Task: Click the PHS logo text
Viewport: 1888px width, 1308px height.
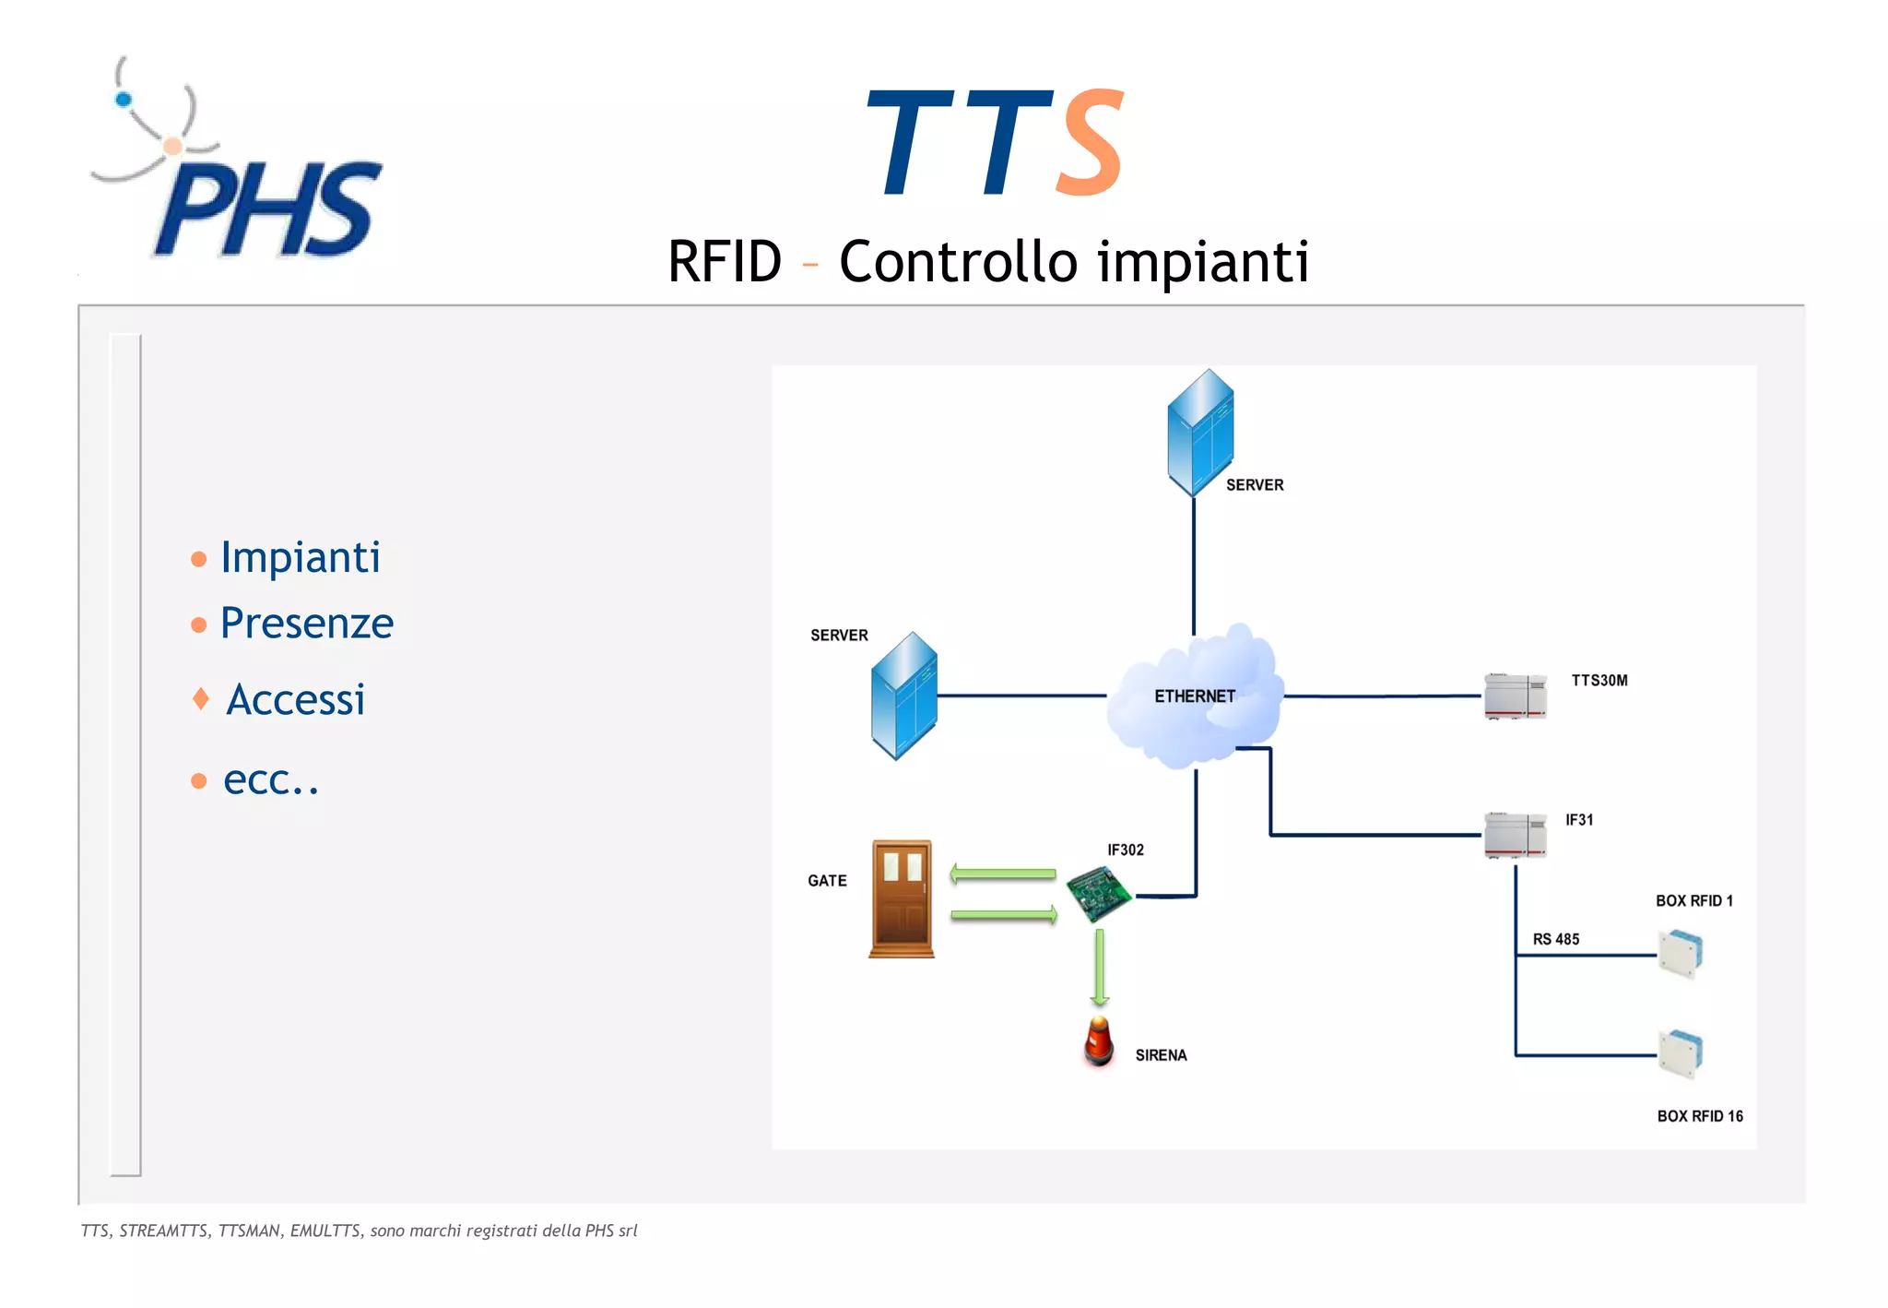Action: [267, 210]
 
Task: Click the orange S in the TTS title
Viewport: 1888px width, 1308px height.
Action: [1091, 143]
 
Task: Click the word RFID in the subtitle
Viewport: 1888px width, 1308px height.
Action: [725, 261]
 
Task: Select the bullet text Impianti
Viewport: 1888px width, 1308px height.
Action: [301, 557]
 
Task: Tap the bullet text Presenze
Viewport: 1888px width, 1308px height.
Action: [307, 624]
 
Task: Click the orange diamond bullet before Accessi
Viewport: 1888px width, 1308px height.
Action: [200, 698]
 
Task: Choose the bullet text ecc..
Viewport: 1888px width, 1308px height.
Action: [270, 780]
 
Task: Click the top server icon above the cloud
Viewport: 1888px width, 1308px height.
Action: [1199, 433]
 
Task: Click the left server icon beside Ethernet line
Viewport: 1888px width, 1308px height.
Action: [903, 696]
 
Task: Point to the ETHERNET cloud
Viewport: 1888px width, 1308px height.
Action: [1194, 696]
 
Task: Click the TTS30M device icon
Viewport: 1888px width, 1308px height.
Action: [1515, 696]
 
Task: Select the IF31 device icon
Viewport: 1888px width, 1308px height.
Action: [1515, 835]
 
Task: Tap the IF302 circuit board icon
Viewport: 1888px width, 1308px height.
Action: [1098, 893]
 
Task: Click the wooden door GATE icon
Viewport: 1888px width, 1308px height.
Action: [902, 898]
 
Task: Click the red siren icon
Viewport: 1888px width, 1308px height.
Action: [1098, 1042]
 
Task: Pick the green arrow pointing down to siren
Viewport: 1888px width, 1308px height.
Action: [1099, 967]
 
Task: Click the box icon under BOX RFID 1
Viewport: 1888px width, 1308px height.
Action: [1681, 954]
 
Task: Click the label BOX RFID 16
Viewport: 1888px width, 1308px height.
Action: [1699, 1116]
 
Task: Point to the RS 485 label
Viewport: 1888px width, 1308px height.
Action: [1555, 939]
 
